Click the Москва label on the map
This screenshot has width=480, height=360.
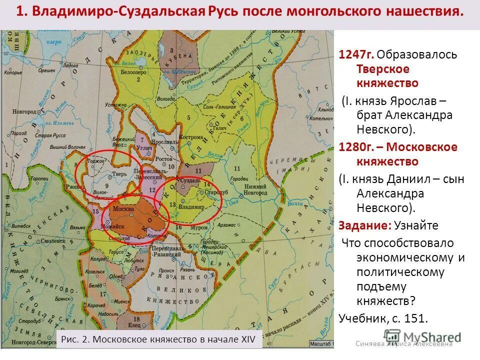123,208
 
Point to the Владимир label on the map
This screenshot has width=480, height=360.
192,206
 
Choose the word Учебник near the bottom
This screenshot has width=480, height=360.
363,317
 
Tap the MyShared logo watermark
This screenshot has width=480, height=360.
422,336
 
